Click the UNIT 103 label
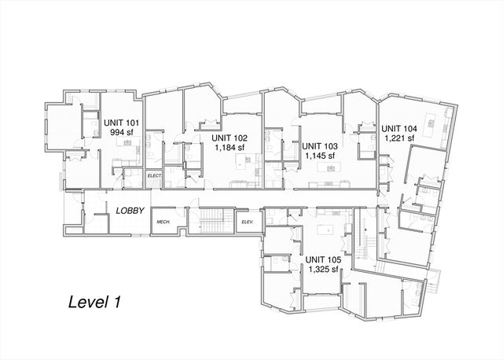point(320,146)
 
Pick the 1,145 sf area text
point(320,156)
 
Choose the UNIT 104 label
point(399,128)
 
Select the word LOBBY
point(128,211)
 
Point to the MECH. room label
point(163,222)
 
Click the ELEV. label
point(247,222)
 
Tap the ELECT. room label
point(154,175)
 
